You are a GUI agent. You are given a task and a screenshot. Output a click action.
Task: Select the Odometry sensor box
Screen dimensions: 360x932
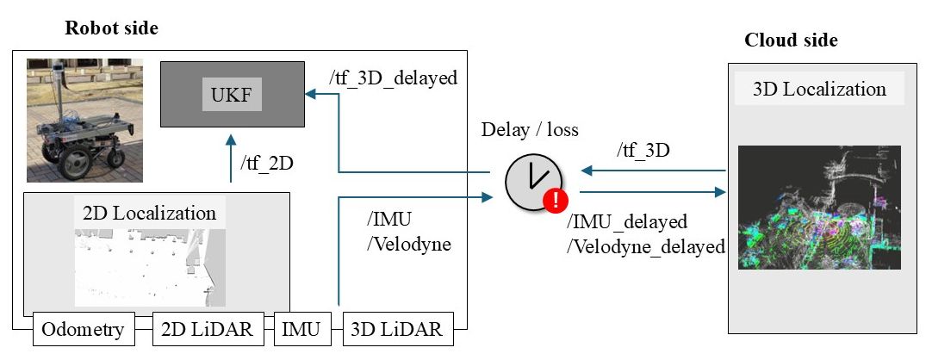click(x=83, y=328)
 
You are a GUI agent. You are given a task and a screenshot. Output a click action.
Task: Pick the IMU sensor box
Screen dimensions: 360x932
click(x=303, y=328)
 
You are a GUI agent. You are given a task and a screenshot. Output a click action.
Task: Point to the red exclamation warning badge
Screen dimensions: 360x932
click(x=555, y=202)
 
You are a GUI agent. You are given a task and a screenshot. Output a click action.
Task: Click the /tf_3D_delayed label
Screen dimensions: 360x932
click(x=393, y=78)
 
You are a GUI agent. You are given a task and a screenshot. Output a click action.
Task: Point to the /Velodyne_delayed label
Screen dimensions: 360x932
click(x=646, y=247)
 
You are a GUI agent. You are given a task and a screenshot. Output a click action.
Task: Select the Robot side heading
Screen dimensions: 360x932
click(x=112, y=28)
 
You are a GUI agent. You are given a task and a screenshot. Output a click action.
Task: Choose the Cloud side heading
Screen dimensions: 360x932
click(x=791, y=40)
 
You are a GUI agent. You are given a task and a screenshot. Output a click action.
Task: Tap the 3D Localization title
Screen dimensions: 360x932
click(x=819, y=89)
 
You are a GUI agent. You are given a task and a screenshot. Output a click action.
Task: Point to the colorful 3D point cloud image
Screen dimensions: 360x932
click(x=819, y=207)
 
